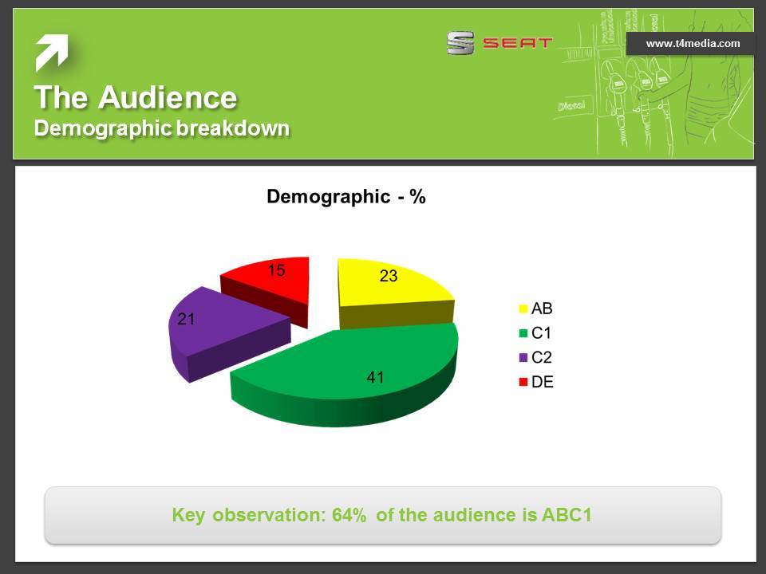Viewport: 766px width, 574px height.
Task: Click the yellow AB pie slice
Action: click(x=391, y=293)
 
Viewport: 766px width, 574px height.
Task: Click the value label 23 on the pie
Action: click(x=389, y=276)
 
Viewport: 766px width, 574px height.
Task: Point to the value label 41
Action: click(x=375, y=377)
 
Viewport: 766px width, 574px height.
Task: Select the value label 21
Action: click(x=186, y=319)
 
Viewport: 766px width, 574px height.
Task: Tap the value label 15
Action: click(x=277, y=270)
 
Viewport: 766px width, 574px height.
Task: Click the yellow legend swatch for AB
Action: click(x=523, y=309)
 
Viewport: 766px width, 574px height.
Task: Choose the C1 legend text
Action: click(x=541, y=333)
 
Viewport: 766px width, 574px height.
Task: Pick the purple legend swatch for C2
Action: click(x=523, y=358)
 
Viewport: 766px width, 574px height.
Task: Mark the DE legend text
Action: click(x=543, y=382)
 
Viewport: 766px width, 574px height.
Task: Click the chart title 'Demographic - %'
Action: click(x=346, y=197)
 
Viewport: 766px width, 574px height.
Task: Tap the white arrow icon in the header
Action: click(x=51, y=53)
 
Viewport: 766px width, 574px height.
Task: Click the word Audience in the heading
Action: click(x=168, y=96)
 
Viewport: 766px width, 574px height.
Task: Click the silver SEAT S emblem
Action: click(x=460, y=43)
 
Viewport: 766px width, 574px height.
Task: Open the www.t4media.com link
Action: click(x=693, y=43)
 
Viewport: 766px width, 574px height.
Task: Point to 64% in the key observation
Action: click(x=349, y=515)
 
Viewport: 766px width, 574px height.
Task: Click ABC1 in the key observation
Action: click(x=567, y=515)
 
